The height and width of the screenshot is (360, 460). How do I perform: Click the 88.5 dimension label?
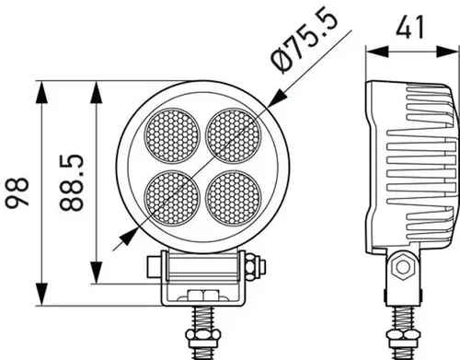[77, 184]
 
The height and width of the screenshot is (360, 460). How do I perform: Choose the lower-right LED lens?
[234, 196]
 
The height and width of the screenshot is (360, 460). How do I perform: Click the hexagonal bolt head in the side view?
[401, 270]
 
